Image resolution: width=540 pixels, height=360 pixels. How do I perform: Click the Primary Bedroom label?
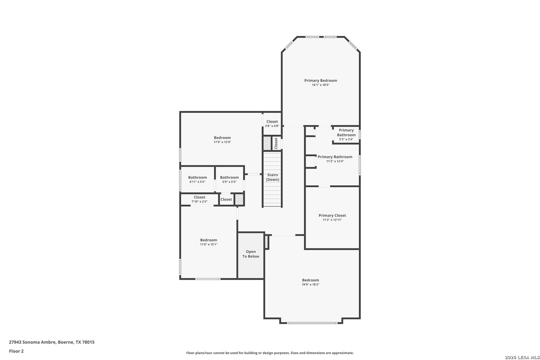click(321, 81)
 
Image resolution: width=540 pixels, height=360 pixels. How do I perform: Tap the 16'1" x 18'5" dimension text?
click(321, 85)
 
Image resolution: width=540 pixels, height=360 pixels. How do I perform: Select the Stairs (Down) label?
click(273, 177)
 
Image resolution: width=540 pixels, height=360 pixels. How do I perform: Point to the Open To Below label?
click(251, 254)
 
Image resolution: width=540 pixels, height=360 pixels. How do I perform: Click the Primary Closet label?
click(332, 216)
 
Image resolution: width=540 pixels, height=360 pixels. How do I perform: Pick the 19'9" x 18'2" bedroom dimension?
click(311, 285)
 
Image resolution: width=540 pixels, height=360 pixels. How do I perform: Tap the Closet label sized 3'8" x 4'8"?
click(272, 122)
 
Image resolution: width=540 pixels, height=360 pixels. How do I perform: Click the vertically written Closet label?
click(276, 143)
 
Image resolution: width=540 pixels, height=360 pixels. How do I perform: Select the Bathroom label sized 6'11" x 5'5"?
click(197, 177)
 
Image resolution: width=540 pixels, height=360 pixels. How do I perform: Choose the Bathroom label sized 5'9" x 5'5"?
click(229, 177)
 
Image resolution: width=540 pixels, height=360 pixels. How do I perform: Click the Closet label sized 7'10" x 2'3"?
click(200, 197)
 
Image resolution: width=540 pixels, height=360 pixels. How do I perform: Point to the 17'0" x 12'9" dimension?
click(222, 142)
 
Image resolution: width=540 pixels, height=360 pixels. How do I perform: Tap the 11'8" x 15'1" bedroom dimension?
click(209, 244)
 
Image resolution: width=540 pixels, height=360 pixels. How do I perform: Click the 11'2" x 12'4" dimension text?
click(335, 161)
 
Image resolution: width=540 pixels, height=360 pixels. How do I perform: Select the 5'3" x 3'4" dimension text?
click(346, 139)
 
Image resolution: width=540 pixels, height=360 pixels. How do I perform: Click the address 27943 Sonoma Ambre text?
click(33, 342)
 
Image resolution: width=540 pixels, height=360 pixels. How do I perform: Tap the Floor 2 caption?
click(16, 351)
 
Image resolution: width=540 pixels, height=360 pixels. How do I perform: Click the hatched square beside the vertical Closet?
click(267, 143)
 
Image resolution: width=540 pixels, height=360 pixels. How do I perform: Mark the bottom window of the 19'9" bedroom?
click(312, 323)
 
